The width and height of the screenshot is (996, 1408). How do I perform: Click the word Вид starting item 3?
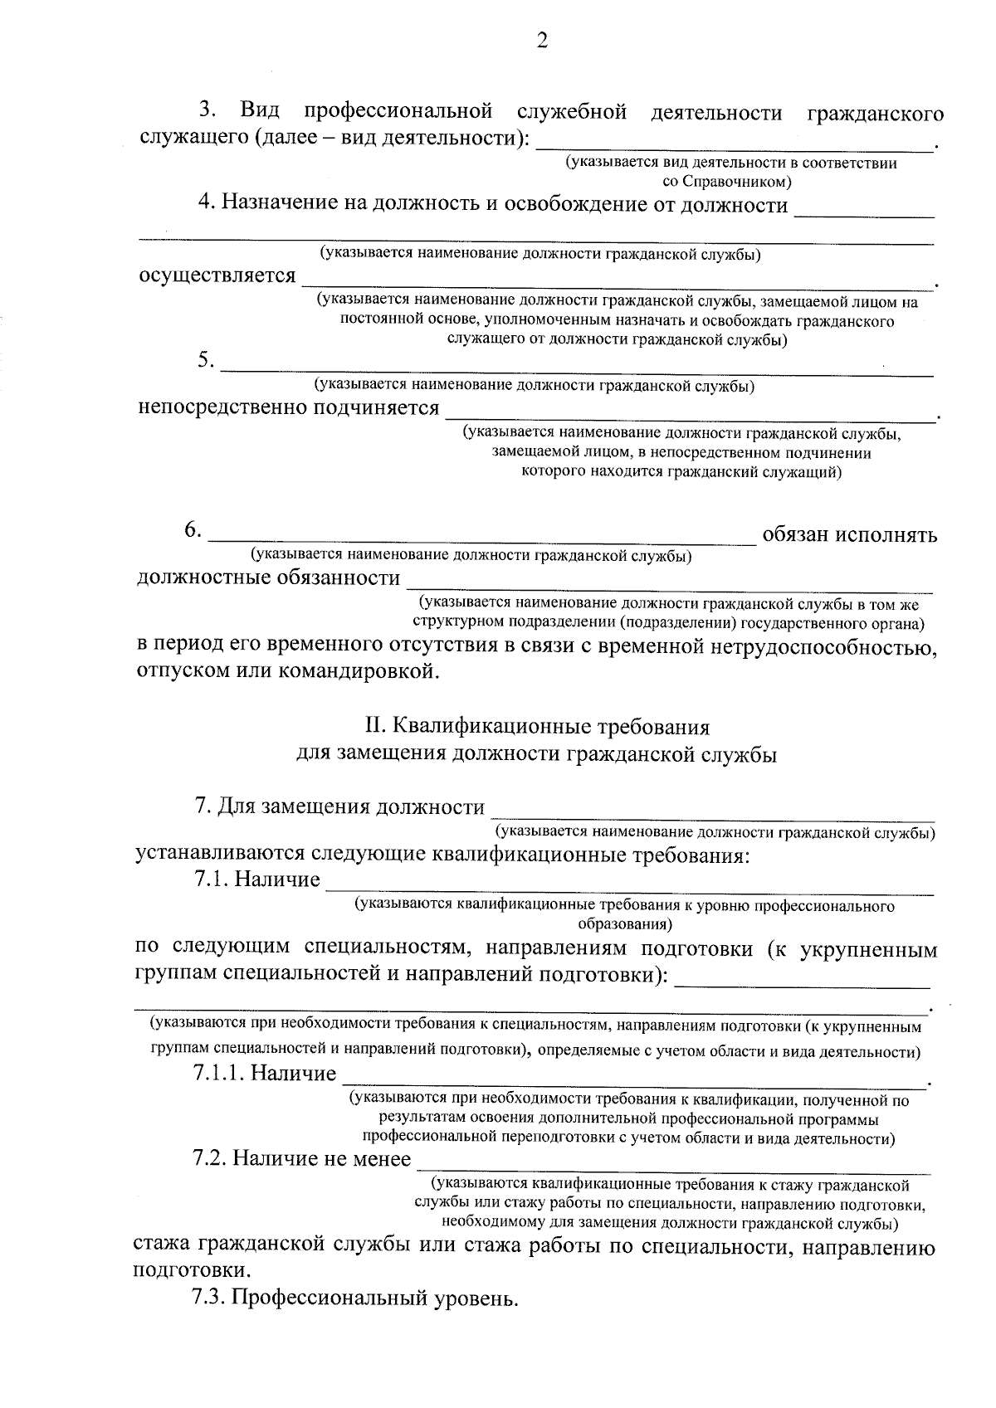click(x=260, y=111)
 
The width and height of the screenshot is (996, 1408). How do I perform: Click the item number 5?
click(x=206, y=360)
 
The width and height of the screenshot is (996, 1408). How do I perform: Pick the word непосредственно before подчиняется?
click(x=222, y=407)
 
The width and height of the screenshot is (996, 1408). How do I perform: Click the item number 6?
click(x=193, y=530)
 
